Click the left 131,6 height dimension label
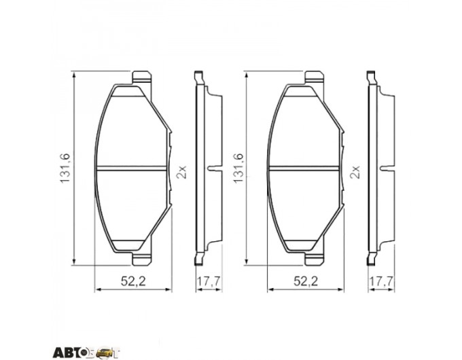65,168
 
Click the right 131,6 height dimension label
238,168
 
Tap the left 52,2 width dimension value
133,282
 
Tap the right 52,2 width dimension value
306,282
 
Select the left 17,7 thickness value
209,282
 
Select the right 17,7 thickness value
381,282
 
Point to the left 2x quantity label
181,172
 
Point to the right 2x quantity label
355,172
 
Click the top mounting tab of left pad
142,78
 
